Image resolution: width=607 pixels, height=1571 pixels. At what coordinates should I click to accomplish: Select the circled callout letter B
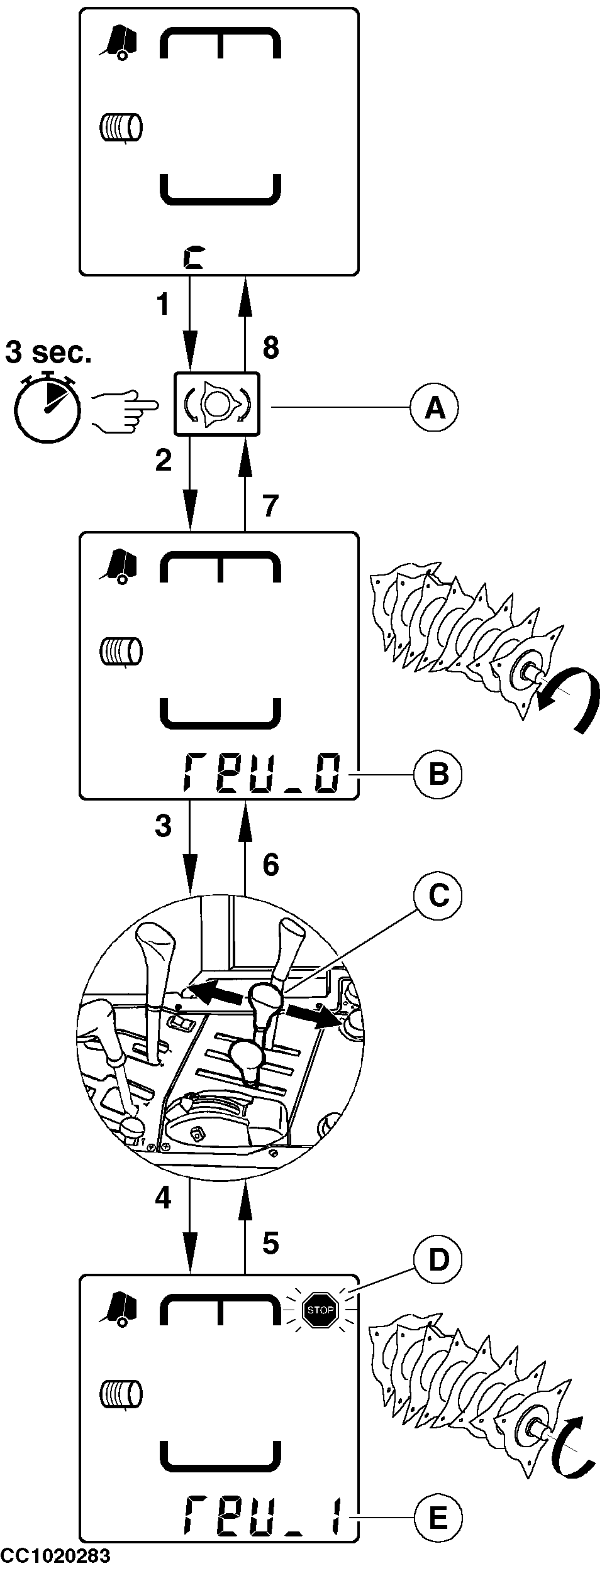coord(438,774)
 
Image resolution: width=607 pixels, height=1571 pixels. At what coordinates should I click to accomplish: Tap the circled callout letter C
coord(438,895)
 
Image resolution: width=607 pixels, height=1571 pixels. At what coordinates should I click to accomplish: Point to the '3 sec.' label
coord(48,353)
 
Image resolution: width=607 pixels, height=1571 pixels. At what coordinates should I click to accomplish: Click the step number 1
coord(162,305)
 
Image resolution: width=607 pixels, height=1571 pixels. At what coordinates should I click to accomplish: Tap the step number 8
coord(270,348)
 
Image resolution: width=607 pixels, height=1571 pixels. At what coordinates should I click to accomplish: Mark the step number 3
coord(163,826)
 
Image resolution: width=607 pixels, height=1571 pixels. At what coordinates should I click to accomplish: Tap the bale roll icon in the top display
coord(121,128)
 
